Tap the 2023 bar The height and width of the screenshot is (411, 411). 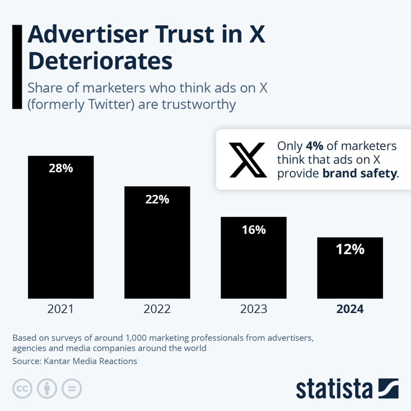point(253,265)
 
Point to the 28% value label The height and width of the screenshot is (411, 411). point(61,168)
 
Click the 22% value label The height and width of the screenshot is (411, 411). point(157,199)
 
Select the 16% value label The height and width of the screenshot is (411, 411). point(253,230)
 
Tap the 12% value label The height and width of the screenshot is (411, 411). point(350,250)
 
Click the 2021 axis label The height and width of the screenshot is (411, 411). point(61,309)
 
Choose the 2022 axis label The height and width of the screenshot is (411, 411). point(157,309)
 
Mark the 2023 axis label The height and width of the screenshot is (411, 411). point(253,309)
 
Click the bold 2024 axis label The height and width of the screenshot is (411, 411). point(350,309)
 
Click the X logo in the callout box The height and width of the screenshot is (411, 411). point(248,160)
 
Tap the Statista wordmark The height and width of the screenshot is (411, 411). point(334,389)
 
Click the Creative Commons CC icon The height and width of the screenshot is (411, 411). point(22,389)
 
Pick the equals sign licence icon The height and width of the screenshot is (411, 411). point(71,389)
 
